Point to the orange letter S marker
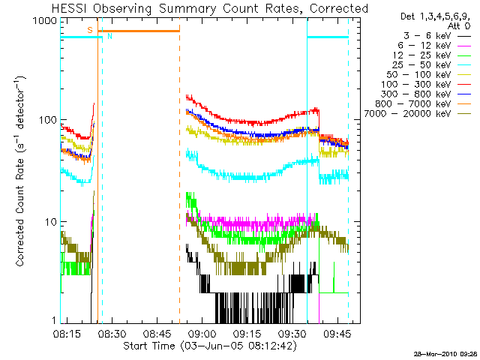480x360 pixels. [90, 29]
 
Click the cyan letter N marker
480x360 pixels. [109, 36]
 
